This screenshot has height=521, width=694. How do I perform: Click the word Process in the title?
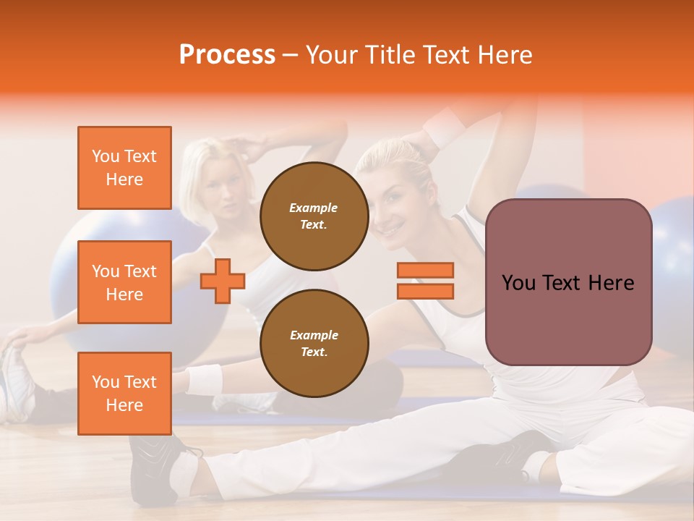(227, 54)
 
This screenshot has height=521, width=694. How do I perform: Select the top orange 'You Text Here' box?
(124, 168)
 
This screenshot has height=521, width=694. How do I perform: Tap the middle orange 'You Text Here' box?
(124, 282)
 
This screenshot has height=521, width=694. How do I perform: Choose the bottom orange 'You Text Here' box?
(124, 393)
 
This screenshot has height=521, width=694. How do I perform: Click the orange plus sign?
(223, 281)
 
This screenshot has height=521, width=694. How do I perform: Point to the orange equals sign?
(425, 281)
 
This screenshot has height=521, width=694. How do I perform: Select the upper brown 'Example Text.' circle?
(314, 216)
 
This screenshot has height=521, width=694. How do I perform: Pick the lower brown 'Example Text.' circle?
(314, 343)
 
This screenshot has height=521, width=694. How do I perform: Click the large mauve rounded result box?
(568, 282)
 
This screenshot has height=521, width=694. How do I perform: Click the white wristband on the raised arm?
(444, 127)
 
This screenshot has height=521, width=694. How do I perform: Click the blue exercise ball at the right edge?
(672, 253)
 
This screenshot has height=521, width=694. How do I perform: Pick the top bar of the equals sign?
(425, 271)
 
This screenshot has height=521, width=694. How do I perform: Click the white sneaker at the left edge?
(14, 384)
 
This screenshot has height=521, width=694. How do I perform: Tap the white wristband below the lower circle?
(205, 379)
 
